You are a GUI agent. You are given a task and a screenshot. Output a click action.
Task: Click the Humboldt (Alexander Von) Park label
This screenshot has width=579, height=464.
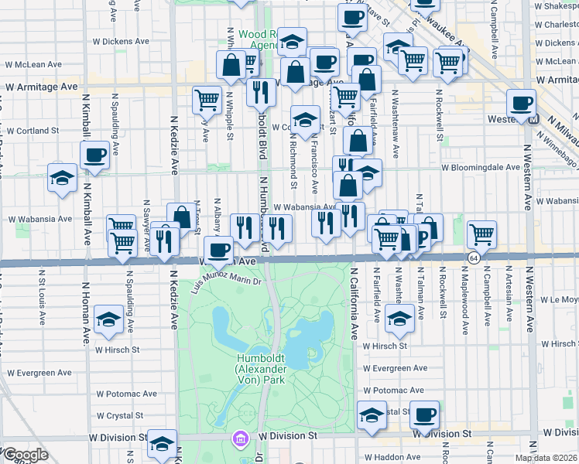(262, 367)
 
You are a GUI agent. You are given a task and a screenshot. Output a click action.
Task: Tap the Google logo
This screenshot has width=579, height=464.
(25, 455)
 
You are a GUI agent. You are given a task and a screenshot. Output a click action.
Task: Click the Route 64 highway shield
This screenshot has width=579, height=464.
(472, 256)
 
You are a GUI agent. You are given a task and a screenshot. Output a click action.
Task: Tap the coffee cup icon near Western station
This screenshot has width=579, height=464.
(521, 103)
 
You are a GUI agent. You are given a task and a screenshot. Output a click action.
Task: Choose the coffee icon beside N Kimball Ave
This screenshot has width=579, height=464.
(94, 155)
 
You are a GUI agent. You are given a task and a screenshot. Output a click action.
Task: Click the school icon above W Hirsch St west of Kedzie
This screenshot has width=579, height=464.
(108, 319)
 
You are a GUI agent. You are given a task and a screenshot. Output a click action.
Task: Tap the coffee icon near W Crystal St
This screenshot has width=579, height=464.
(424, 415)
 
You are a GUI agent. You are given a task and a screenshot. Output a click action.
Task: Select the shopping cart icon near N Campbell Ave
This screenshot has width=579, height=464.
(481, 234)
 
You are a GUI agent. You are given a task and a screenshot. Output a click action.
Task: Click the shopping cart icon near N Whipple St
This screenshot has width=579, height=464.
(207, 99)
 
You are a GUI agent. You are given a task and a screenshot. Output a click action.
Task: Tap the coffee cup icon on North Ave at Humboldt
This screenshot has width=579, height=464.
(220, 250)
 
